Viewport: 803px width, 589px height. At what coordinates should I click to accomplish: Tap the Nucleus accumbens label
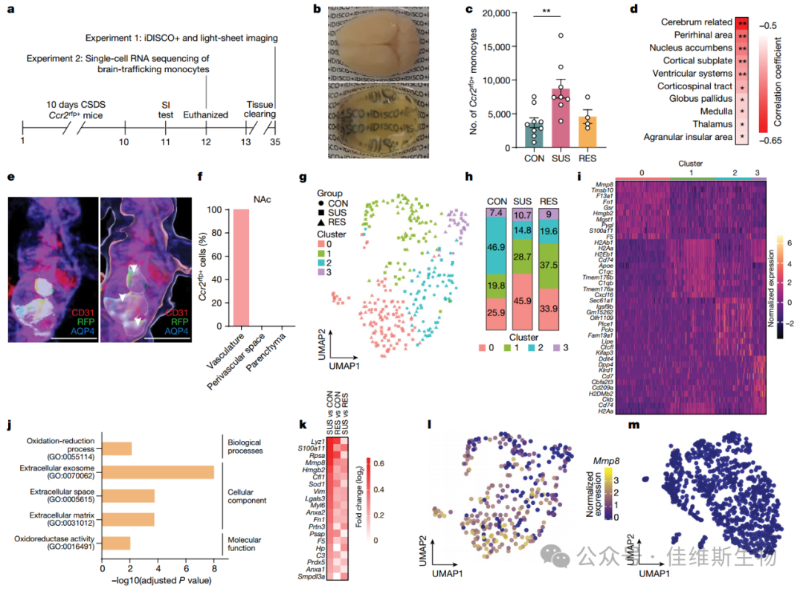pos(691,48)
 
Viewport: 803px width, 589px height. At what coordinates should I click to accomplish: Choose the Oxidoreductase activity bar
pos(116,543)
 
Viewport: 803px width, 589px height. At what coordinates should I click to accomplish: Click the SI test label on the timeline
pos(166,108)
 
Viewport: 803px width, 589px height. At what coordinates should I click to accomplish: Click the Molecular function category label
pos(253,543)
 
